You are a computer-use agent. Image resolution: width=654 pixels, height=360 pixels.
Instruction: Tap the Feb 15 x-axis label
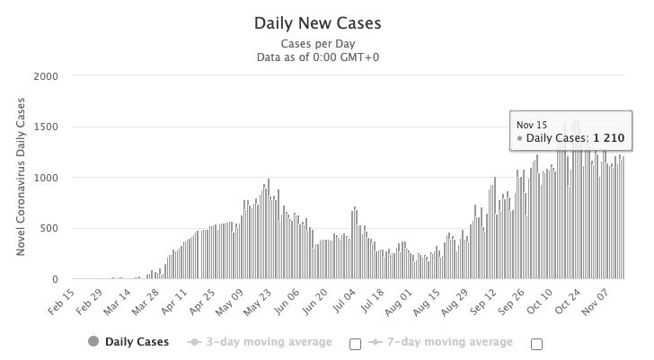pyautogui.click(x=61, y=299)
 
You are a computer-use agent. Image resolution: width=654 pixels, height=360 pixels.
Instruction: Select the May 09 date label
pyautogui.click(x=230, y=299)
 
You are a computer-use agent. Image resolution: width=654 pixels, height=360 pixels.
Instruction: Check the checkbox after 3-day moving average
pyautogui.click(x=354, y=343)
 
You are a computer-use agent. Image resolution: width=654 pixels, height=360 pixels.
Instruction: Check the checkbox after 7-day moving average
pyautogui.click(x=538, y=343)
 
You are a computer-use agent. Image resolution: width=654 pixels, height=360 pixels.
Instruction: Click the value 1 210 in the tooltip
pyautogui.click(x=608, y=138)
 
